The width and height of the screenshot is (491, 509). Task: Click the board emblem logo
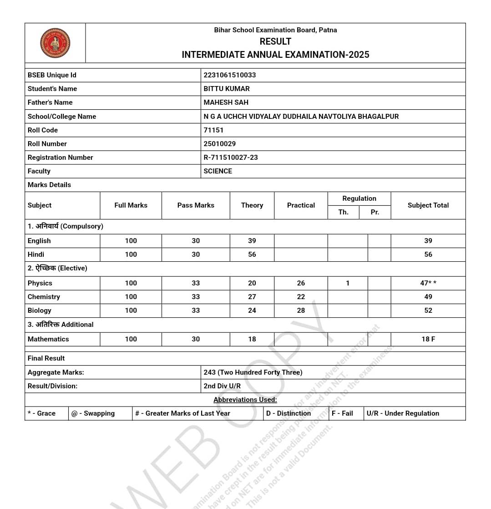click(55, 43)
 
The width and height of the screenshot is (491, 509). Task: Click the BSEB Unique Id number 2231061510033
click(229, 75)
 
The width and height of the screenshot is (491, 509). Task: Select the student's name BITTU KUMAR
click(227, 89)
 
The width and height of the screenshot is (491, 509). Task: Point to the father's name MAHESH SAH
click(226, 102)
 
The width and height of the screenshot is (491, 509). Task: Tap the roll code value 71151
click(213, 130)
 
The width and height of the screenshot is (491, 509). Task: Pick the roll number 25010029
click(219, 144)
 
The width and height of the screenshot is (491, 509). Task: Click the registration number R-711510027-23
click(231, 158)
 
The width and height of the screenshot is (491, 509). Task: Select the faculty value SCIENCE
click(218, 171)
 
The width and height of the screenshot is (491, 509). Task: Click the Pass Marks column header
click(196, 205)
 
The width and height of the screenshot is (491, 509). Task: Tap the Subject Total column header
click(428, 205)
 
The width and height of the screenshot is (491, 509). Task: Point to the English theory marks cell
click(252, 241)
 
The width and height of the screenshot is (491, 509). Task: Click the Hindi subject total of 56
click(428, 254)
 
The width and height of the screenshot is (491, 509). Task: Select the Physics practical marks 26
click(301, 283)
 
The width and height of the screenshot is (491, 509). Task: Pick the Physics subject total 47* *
click(428, 283)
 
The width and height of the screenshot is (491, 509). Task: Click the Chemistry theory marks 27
click(252, 297)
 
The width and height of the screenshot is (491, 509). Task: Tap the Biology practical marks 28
click(301, 310)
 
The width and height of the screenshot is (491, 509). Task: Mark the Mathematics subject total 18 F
click(428, 339)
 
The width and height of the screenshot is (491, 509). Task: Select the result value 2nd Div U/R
click(222, 386)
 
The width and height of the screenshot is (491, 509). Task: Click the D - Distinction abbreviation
click(289, 413)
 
